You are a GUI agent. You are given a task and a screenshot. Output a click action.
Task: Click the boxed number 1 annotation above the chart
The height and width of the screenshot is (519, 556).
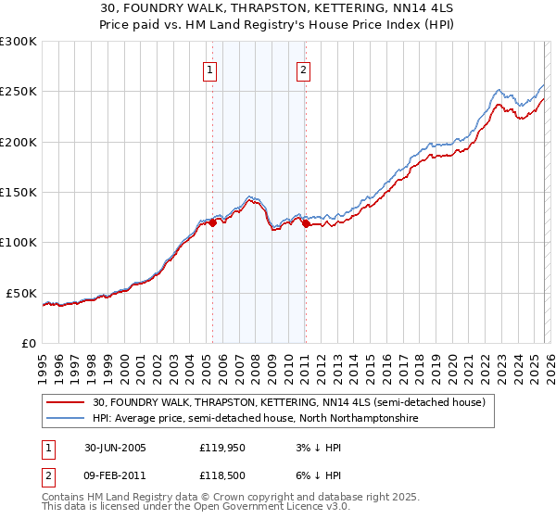click(209, 70)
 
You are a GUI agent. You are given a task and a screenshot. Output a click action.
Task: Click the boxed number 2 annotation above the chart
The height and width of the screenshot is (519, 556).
click(303, 70)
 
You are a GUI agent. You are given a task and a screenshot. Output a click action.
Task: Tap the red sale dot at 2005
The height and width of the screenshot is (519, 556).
click(213, 222)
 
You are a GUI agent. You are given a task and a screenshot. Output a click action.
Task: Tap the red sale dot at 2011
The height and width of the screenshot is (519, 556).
click(305, 223)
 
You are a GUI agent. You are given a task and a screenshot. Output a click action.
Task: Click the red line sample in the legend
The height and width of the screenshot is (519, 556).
click(68, 402)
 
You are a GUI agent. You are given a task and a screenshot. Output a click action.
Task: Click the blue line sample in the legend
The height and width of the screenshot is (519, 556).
click(68, 418)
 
